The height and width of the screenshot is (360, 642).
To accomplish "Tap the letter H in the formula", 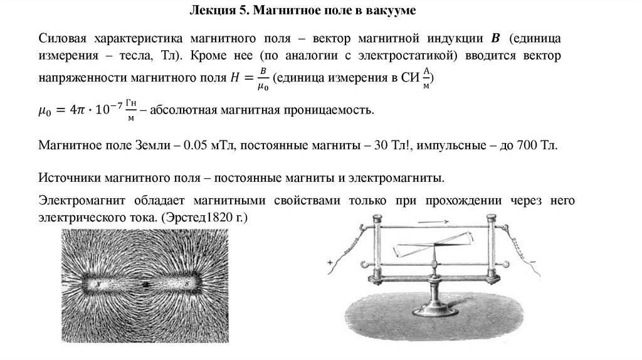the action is point(235,77).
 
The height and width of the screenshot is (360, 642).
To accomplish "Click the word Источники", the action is point(66,177).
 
